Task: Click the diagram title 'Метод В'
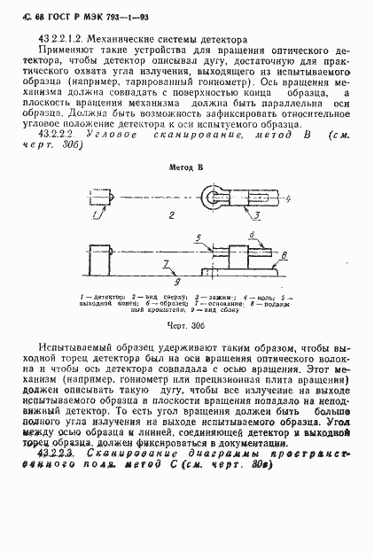(186, 167)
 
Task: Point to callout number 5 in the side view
(200, 237)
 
